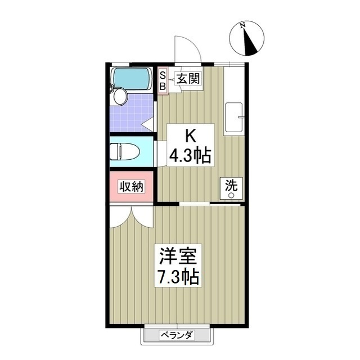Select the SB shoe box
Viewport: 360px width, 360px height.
click(x=163, y=81)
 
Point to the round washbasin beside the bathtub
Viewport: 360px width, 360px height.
click(x=120, y=97)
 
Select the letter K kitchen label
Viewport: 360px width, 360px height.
click(x=191, y=136)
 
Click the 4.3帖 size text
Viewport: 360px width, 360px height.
click(x=191, y=155)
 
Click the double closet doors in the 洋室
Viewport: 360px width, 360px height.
click(x=131, y=215)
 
